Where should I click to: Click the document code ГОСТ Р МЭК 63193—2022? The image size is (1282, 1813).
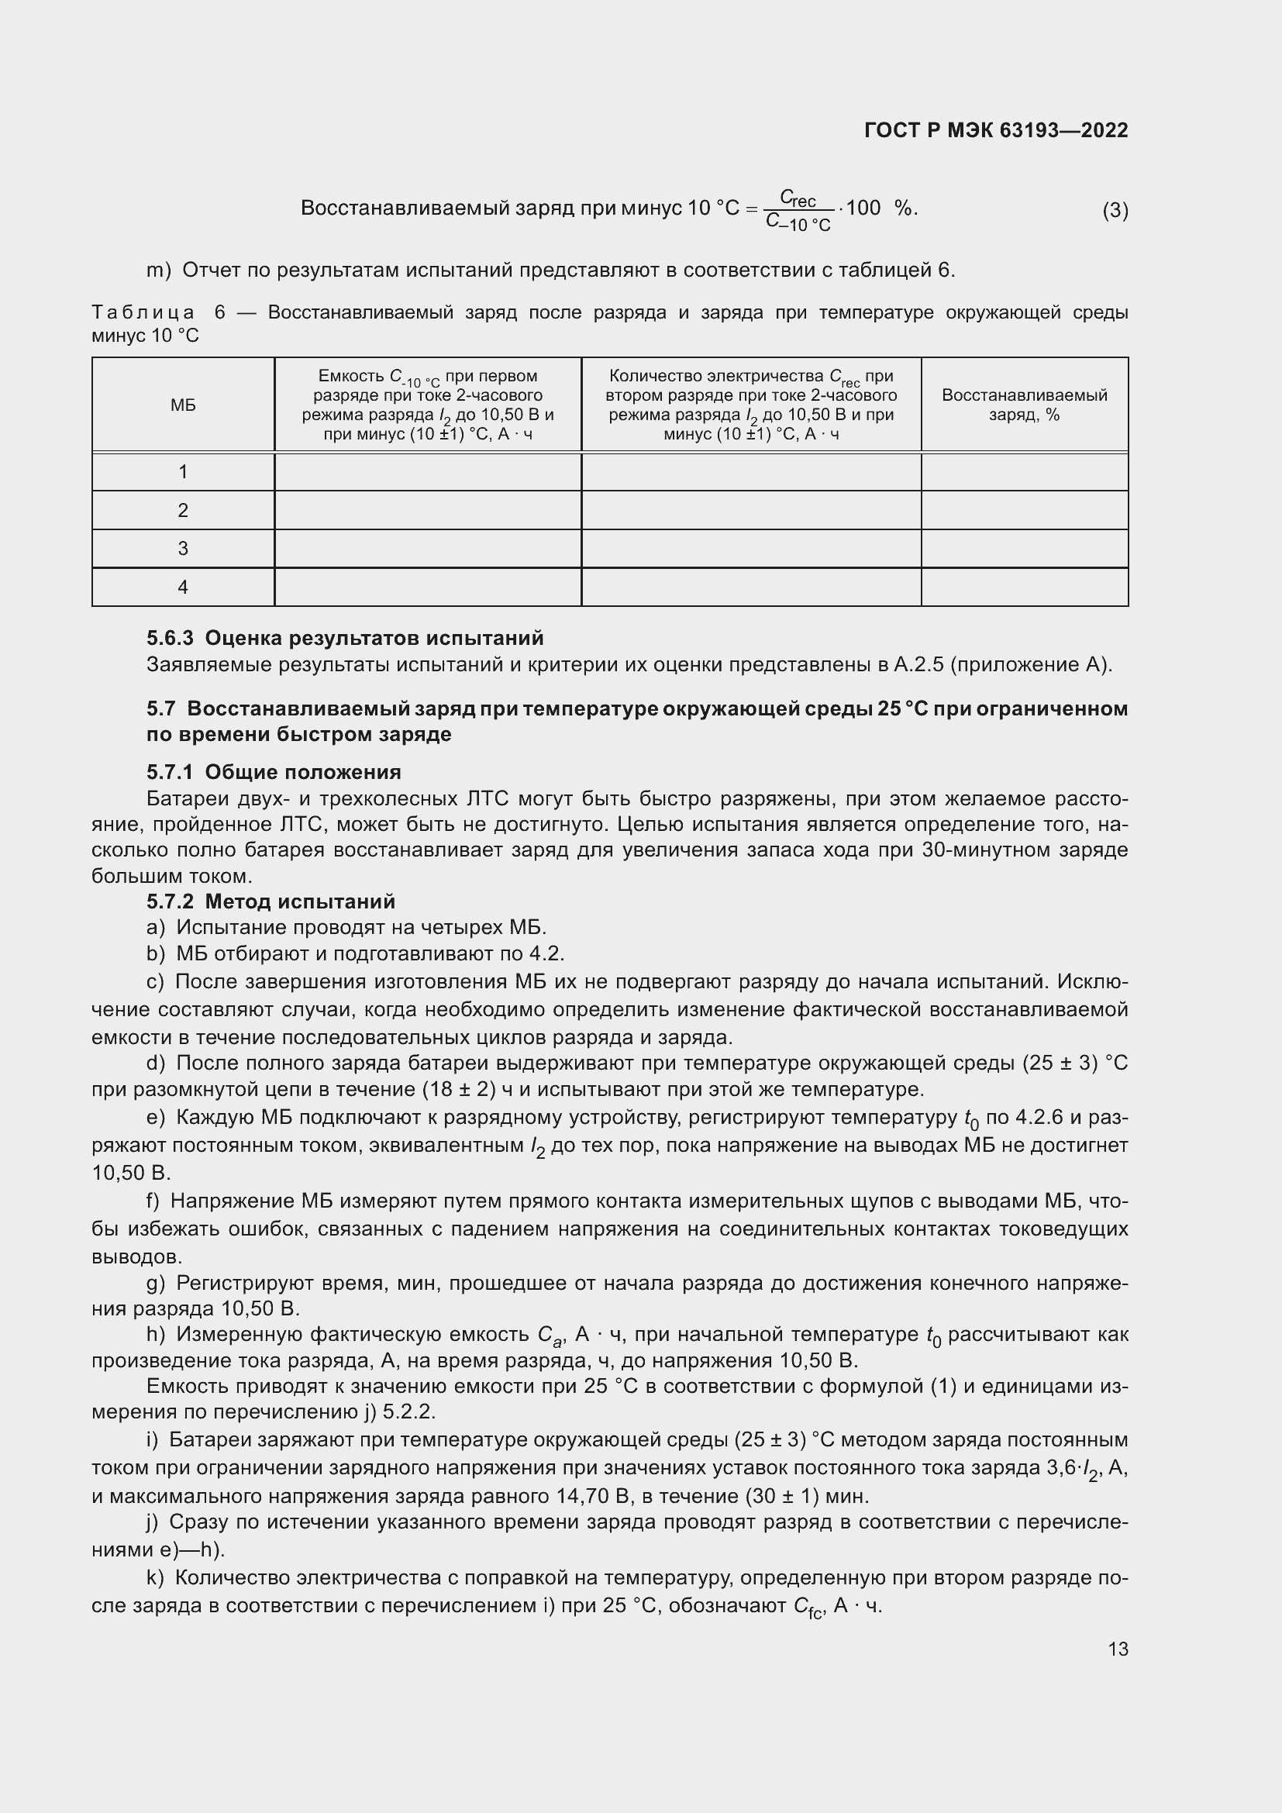coord(995,130)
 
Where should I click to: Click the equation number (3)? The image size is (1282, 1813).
coord(1115,210)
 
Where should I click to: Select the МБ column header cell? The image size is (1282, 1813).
coord(183,405)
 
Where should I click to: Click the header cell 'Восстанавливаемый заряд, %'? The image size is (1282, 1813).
coord(1024,405)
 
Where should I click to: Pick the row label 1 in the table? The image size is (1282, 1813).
coord(183,472)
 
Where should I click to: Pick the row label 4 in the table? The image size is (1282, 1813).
coord(183,588)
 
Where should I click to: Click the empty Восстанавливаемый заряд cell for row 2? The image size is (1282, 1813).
coord(1024,510)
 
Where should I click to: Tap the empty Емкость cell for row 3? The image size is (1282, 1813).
coord(427,549)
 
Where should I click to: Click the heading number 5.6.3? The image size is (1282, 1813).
coord(170,638)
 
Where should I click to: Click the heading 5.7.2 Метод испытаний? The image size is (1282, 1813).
coord(271,901)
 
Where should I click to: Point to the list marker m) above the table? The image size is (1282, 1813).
coord(159,271)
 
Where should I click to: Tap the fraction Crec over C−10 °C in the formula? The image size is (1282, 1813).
coord(798,211)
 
